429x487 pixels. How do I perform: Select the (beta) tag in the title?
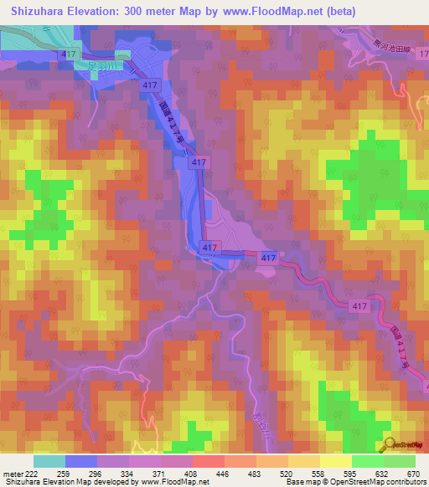click(339, 12)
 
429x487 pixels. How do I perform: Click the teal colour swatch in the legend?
click(49, 462)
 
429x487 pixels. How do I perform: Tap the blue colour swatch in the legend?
click(81, 462)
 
